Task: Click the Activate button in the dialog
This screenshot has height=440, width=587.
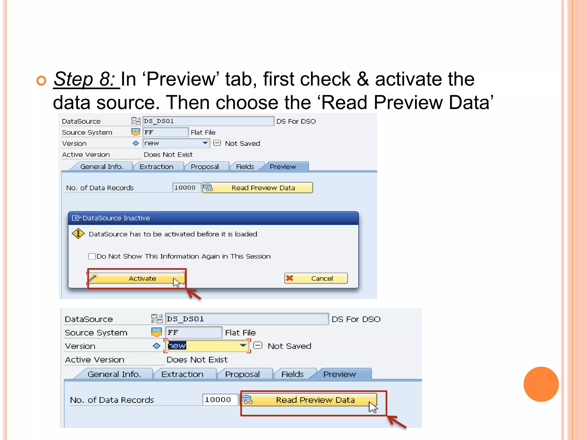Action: [x=137, y=278]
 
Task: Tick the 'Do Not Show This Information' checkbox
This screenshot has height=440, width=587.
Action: [x=92, y=256]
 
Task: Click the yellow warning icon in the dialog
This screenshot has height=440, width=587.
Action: [x=78, y=234]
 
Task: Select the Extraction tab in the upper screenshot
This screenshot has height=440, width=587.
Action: [x=156, y=167]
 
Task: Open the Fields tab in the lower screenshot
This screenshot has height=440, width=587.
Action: [x=292, y=374]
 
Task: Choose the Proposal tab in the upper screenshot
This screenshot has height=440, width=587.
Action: [x=205, y=167]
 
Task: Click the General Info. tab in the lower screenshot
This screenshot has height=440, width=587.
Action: [x=114, y=374]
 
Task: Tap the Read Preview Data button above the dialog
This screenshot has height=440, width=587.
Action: [x=258, y=188]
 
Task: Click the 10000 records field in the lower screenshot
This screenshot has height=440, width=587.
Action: [x=220, y=400]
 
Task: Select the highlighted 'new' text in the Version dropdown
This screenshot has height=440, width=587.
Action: [x=177, y=346]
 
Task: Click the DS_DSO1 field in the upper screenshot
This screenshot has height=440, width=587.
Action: [x=208, y=121]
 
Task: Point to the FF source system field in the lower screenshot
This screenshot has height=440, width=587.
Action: [x=193, y=332]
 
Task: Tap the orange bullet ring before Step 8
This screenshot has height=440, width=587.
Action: [x=41, y=81]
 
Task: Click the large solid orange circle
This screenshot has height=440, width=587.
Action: [x=541, y=384]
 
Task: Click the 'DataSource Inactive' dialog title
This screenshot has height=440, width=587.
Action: [x=116, y=218]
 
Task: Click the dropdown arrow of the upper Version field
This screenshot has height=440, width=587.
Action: [x=205, y=143]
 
